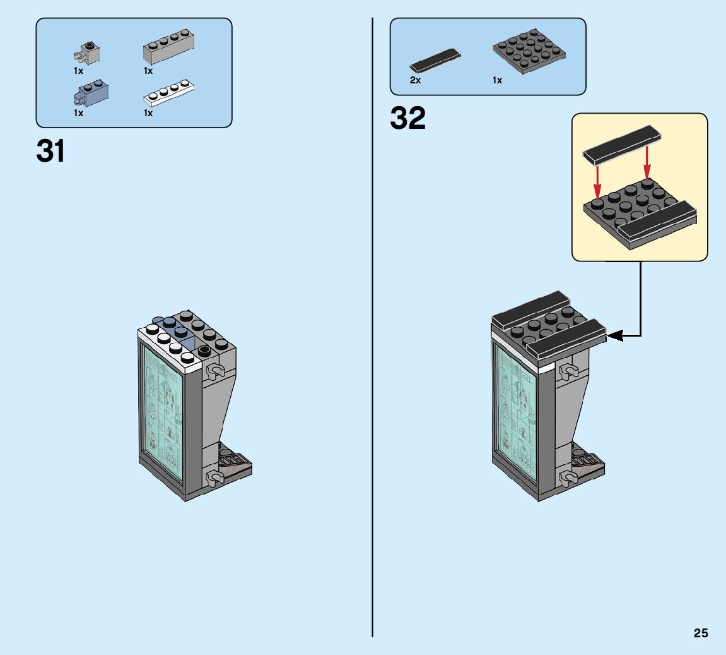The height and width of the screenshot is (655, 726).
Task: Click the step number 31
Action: coord(51,152)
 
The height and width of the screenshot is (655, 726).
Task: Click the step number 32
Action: coord(407,118)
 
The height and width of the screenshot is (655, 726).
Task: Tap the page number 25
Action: coord(701,634)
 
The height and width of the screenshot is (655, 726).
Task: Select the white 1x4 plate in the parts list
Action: coord(168,93)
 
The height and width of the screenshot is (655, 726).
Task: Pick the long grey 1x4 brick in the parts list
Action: coord(168,48)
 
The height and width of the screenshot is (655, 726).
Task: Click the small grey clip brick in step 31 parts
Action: coord(88,52)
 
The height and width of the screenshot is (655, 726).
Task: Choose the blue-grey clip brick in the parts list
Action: coord(90,94)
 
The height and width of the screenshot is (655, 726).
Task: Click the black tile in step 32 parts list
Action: coord(435,61)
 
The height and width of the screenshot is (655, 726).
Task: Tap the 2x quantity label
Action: coord(415,80)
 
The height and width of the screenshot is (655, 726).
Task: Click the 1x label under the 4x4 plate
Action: coord(497,80)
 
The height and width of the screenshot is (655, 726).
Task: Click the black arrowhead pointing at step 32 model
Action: coord(615,335)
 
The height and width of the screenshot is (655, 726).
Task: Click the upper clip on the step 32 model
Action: coord(567,370)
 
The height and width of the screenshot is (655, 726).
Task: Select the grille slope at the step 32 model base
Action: coord(585,461)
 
